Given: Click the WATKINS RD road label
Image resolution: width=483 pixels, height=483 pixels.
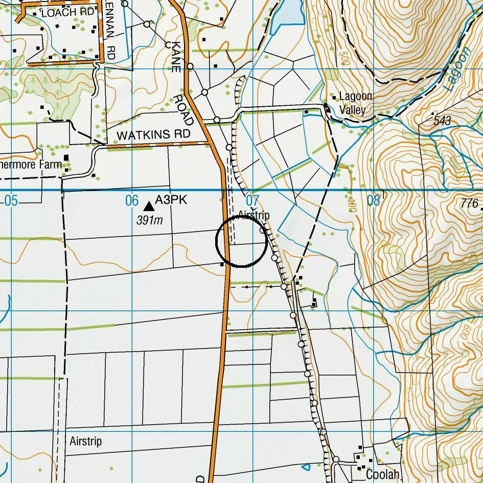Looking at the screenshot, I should click(x=153, y=135).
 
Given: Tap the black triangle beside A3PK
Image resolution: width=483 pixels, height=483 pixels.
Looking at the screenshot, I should click(x=149, y=206).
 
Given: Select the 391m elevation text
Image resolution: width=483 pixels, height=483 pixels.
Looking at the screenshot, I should click(x=149, y=220).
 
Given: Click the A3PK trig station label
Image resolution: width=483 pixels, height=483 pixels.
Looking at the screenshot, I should click(x=171, y=200).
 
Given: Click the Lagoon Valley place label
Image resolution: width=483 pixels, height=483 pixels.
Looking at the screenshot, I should click(x=356, y=103).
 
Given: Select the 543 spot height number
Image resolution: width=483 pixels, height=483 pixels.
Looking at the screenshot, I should click(x=442, y=121).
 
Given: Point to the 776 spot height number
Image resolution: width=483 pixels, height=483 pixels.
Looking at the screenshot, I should click(x=469, y=203).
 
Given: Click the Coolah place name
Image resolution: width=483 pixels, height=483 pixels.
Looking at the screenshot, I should click(x=382, y=474).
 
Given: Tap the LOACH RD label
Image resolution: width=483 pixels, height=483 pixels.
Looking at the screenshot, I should click(x=68, y=12).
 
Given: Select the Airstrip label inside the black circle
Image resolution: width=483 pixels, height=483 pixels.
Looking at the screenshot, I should click(x=254, y=215).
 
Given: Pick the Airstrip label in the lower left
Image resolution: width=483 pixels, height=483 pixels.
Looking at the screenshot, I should click(x=85, y=441).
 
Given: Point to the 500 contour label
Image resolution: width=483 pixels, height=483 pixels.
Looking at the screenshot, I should click(x=343, y=57).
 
